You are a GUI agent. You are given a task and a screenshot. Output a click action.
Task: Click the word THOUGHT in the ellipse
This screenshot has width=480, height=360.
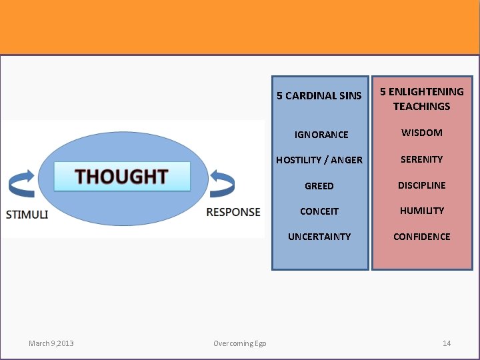[x=121, y=177]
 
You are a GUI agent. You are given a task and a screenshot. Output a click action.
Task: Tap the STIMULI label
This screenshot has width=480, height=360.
[x=27, y=214]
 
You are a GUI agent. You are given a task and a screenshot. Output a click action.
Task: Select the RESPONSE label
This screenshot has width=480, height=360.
[x=233, y=212]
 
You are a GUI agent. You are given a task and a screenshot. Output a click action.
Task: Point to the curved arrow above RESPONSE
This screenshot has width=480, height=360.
[x=222, y=183]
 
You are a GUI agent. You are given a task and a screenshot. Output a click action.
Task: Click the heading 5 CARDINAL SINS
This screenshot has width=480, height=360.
[x=319, y=96]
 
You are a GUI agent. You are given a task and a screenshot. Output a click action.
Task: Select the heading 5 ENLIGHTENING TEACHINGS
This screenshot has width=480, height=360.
[x=421, y=99]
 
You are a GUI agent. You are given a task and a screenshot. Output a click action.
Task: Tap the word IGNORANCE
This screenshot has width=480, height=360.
[x=321, y=135]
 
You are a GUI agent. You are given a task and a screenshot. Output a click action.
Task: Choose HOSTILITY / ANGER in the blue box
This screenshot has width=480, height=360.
[x=319, y=160]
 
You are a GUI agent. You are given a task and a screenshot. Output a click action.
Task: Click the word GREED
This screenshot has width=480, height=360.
[x=319, y=186]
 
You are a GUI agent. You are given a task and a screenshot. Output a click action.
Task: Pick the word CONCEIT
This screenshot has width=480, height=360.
[x=319, y=211]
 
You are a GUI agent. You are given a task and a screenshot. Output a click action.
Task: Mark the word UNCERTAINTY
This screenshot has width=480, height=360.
[x=319, y=237]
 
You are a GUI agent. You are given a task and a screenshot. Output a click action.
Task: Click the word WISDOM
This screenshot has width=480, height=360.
[x=421, y=133]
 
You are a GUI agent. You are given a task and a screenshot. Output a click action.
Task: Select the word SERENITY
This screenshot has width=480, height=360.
[x=421, y=159]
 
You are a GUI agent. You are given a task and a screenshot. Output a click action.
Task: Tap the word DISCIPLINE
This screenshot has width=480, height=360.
[x=421, y=185]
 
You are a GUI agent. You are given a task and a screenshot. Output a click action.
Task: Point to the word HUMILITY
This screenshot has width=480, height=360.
[x=421, y=211]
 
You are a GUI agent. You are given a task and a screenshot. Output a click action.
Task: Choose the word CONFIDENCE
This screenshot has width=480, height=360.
[x=421, y=237]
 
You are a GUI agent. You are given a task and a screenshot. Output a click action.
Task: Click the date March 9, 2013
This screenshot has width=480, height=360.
[x=51, y=343]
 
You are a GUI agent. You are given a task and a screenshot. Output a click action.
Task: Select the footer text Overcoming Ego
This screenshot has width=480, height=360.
[x=239, y=343]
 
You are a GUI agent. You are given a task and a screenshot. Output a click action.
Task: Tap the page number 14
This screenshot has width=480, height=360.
[x=447, y=343]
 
